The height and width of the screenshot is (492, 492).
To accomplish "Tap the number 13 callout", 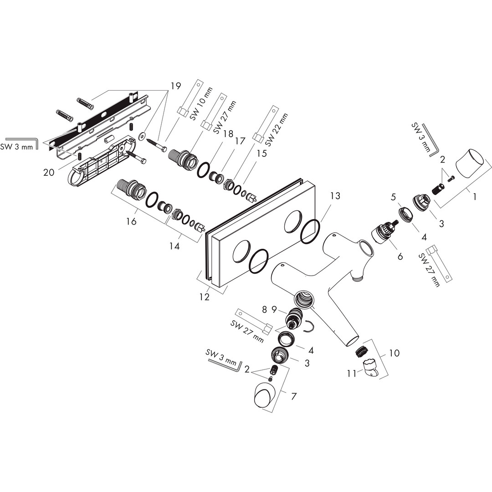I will click(335, 196).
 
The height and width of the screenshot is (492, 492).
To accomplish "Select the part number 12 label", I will click(204, 297).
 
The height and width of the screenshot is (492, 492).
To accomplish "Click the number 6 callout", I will click(400, 256).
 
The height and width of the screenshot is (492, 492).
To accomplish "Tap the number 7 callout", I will click(294, 396).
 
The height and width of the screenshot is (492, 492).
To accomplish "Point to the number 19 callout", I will click(176, 86).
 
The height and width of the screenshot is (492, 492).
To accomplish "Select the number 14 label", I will click(174, 246).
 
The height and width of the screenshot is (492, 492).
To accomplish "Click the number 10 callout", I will click(395, 353).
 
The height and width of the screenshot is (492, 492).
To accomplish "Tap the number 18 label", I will click(228, 134).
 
